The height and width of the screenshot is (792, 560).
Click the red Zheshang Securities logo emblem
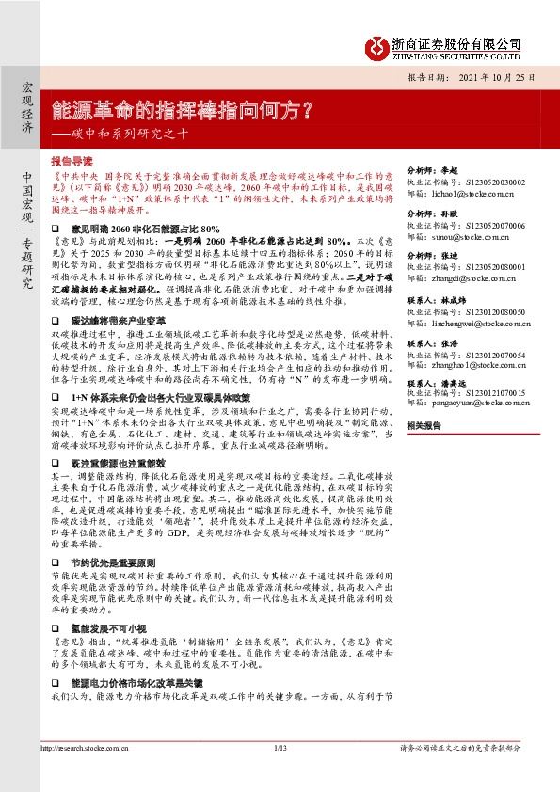376,46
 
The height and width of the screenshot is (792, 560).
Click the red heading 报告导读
72,161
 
